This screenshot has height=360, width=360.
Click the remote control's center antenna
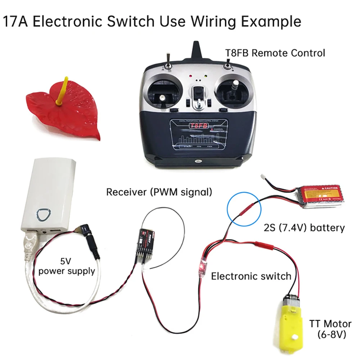coord(197,53)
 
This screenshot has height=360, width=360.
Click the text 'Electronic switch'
coord(251,276)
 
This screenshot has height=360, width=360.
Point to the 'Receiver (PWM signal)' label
coord(159,192)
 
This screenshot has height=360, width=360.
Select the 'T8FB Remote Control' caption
coord(275,53)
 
